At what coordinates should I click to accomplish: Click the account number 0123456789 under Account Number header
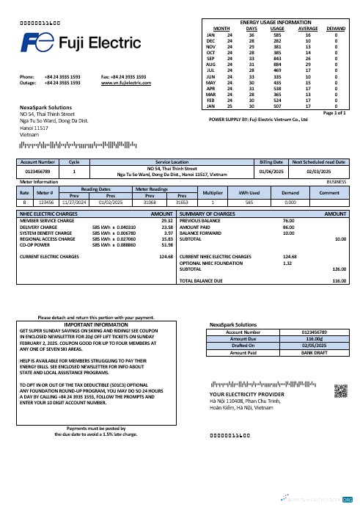click(x=37, y=172)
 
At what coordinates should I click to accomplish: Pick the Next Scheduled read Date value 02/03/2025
click(x=319, y=172)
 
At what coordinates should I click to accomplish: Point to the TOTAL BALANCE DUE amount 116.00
click(x=339, y=281)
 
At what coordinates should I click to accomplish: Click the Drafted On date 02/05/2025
click(x=314, y=346)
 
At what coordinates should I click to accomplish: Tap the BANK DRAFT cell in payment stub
click(x=314, y=352)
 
